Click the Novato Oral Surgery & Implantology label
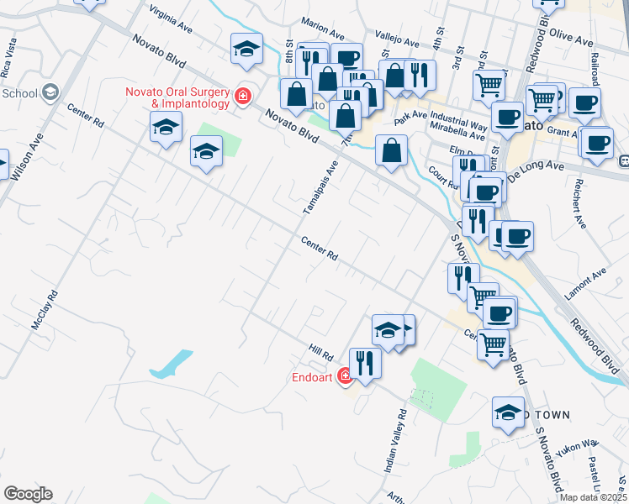pyautogui.click(x=177, y=97)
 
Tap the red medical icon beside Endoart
pyautogui.click(x=345, y=377)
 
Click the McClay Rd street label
pyautogui.click(x=45, y=310)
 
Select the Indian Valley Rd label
pyautogui.click(x=396, y=441)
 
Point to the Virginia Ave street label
pyautogui.click(x=170, y=18)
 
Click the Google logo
pyautogui.click(x=28, y=494)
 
